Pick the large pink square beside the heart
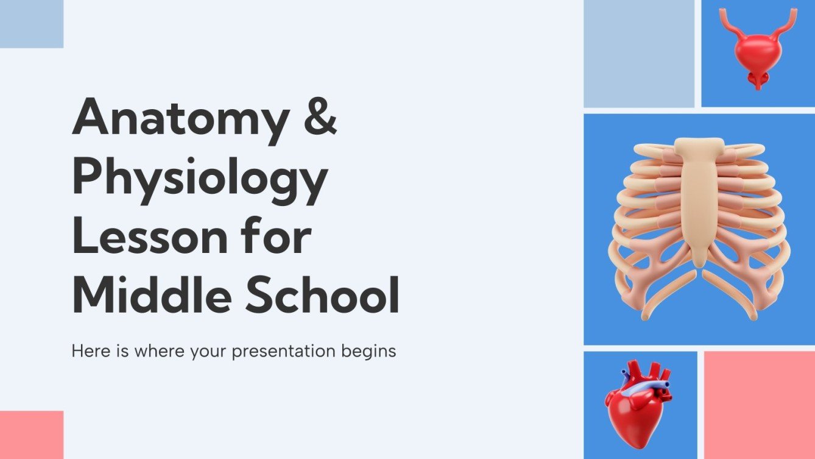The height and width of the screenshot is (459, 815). [759, 405]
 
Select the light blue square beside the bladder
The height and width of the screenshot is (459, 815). [638, 54]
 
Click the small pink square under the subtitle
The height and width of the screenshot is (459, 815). [31, 435]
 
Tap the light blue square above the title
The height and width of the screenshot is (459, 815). [31, 24]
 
